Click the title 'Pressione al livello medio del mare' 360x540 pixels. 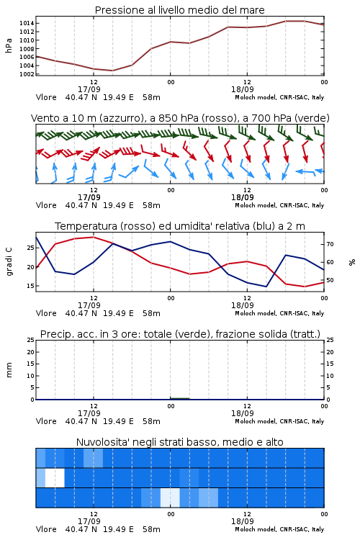pyautogui.click(x=180, y=10)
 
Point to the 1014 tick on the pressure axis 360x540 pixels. pyautogui.click(x=27, y=24)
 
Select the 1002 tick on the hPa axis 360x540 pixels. pyautogui.click(x=27, y=74)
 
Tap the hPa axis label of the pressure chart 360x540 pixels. pyautogui.click(x=9, y=45)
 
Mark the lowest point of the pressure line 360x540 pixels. pyautogui.click(x=112, y=71)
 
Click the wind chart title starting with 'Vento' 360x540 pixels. pyautogui.click(x=180, y=118)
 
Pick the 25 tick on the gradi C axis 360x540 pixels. pyautogui.click(x=31, y=248)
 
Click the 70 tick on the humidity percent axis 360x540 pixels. pyautogui.click(x=330, y=244)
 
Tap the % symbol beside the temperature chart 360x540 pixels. pyautogui.click(x=352, y=262)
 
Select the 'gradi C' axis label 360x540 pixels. pyautogui.click(x=9, y=262)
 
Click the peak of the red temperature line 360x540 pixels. pyautogui.click(x=94, y=237)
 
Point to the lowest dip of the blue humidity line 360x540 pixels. pyautogui.click(x=266, y=287)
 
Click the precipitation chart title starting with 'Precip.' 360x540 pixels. pyautogui.click(x=180, y=334)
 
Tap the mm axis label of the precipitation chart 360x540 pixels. pyautogui.click(x=9, y=370)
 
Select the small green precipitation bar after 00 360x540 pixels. pyautogui.click(x=179, y=398)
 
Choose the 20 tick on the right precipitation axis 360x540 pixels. pyautogui.click(x=330, y=352)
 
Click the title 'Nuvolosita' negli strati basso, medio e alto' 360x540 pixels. pyautogui.click(x=179, y=442)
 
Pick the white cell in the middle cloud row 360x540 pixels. pyautogui.click(x=55, y=477)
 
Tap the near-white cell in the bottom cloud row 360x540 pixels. pyautogui.click(x=170, y=498)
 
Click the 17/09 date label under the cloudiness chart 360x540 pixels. pyautogui.click(x=89, y=521)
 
